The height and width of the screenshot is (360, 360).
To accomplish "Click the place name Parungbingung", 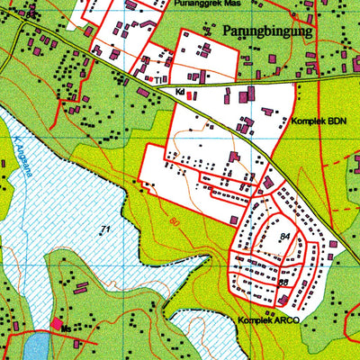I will pyautogui.click(x=266, y=31).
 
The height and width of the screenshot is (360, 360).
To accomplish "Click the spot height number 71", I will pyautogui.click(x=105, y=230).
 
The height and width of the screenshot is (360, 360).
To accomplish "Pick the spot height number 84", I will pyautogui.click(x=284, y=237).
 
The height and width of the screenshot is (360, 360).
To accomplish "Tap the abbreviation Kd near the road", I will pyautogui.click(x=180, y=92).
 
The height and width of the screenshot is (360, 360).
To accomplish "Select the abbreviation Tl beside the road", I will pyautogui.click(x=157, y=79).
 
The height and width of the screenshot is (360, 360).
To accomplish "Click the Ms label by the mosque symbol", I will pyautogui.click(x=66, y=330).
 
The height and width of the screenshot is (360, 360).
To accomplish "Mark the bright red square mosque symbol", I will pyautogui.click(x=57, y=323).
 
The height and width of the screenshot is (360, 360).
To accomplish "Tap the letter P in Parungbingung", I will pyautogui.click(x=222, y=31).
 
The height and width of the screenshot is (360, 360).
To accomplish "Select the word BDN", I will pyautogui.click(x=336, y=120).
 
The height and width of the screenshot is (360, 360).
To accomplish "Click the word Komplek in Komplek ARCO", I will pyautogui.click(x=255, y=319).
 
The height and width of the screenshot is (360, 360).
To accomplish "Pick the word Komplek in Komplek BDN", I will pyautogui.click(x=307, y=120).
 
